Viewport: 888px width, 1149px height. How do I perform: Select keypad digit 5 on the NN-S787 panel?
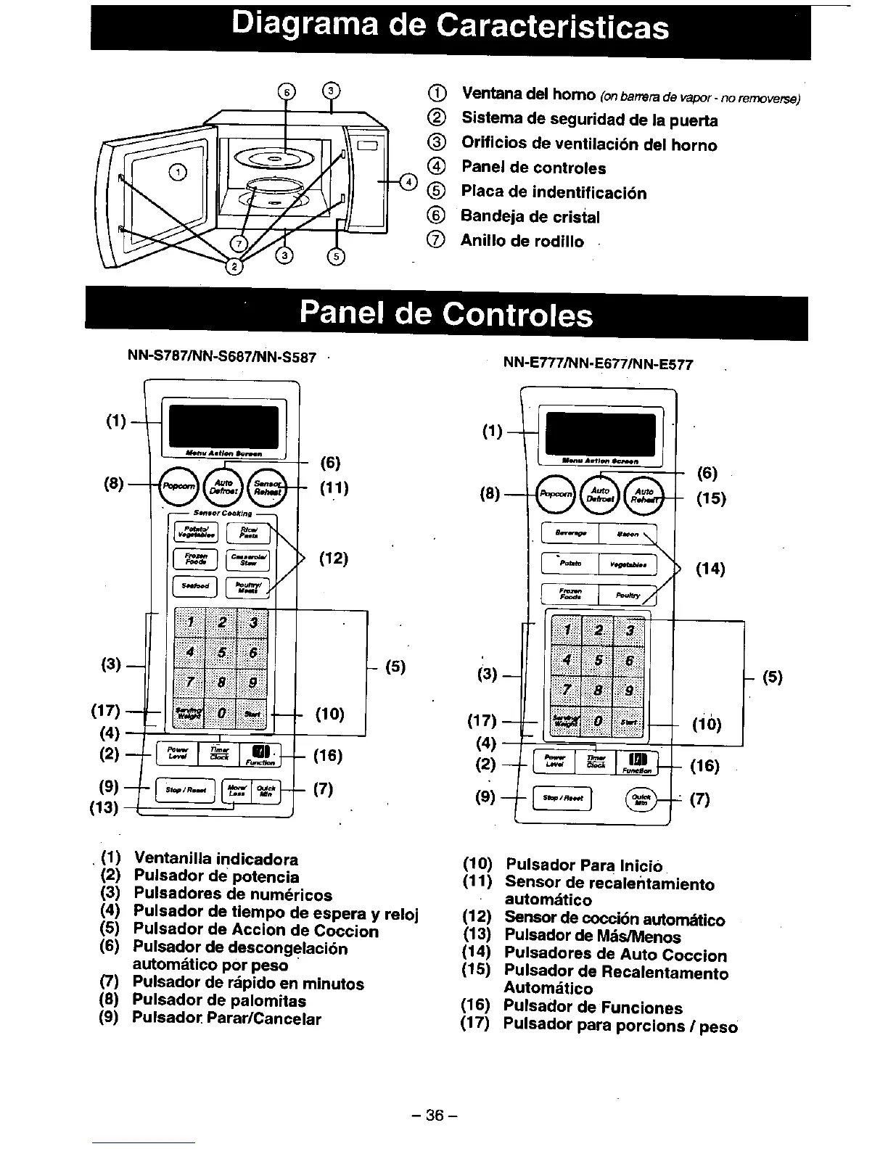click(222, 653)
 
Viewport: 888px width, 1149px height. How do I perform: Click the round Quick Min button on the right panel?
click(641, 799)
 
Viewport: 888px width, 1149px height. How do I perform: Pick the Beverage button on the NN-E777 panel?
click(570, 534)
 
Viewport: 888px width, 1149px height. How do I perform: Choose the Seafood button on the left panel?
click(195, 586)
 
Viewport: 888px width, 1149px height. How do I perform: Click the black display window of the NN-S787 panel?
click(223, 427)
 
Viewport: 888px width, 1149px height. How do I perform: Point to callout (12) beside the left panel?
click(333, 559)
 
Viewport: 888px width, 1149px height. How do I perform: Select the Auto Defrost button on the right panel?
click(599, 495)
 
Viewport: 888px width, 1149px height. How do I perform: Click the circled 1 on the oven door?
click(177, 171)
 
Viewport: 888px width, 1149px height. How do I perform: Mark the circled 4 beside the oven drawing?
click(410, 181)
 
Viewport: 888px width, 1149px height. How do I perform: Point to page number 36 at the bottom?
click(435, 1115)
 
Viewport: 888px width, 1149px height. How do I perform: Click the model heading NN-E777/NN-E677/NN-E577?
click(599, 365)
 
